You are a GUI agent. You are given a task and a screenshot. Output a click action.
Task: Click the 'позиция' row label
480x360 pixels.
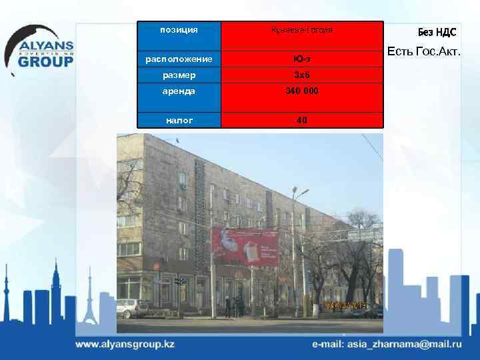click(x=179, y=30)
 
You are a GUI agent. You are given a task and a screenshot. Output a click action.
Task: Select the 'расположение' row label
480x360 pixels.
click(x=179, y=59)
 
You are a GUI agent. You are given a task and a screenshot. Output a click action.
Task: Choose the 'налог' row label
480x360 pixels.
click(x=179, y=120)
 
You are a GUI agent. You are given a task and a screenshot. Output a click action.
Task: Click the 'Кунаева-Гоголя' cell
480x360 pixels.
click(x=301, y=31)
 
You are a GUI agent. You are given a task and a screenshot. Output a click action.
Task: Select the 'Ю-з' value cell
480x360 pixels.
click(x=301, y=59)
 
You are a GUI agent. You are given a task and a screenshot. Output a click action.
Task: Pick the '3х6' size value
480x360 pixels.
click(x=301, y=75)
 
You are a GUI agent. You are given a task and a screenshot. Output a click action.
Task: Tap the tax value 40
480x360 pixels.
click(x=301, y=120)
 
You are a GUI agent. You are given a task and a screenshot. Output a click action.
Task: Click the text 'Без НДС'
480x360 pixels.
click(x=437, y=32)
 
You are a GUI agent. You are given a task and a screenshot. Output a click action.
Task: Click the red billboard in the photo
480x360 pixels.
click(x=244, y=247)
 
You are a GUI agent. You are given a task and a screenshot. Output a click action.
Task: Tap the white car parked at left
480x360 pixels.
click(x=133, y=308)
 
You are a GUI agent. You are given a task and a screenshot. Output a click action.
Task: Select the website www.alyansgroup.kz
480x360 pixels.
click(x=125, y=345)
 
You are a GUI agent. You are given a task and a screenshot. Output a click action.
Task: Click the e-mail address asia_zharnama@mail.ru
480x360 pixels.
click(x=387, y=345)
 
